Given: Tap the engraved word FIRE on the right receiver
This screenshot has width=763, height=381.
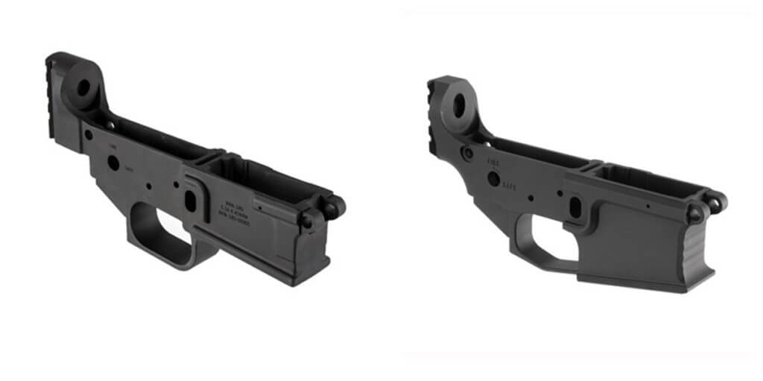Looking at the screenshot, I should pos(493,160).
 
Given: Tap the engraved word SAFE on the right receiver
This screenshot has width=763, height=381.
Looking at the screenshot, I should pos(510,183).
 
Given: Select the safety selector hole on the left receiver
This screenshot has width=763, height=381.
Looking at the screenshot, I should pos(113,162).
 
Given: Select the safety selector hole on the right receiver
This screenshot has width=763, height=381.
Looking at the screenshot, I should pos(493,178).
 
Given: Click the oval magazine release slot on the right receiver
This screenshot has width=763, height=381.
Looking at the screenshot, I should pos(575,207).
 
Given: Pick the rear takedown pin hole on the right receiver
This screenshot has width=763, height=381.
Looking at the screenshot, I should pos(468,153).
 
